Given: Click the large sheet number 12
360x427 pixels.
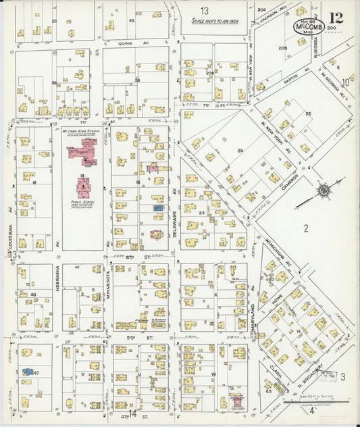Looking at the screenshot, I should [336, 18].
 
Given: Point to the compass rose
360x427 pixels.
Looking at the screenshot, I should [324, 190].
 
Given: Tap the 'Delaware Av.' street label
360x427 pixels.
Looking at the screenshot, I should [174, 217].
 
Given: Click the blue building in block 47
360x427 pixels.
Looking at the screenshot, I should [28, 371].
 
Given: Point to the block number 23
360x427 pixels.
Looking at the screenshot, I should [201, 212].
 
